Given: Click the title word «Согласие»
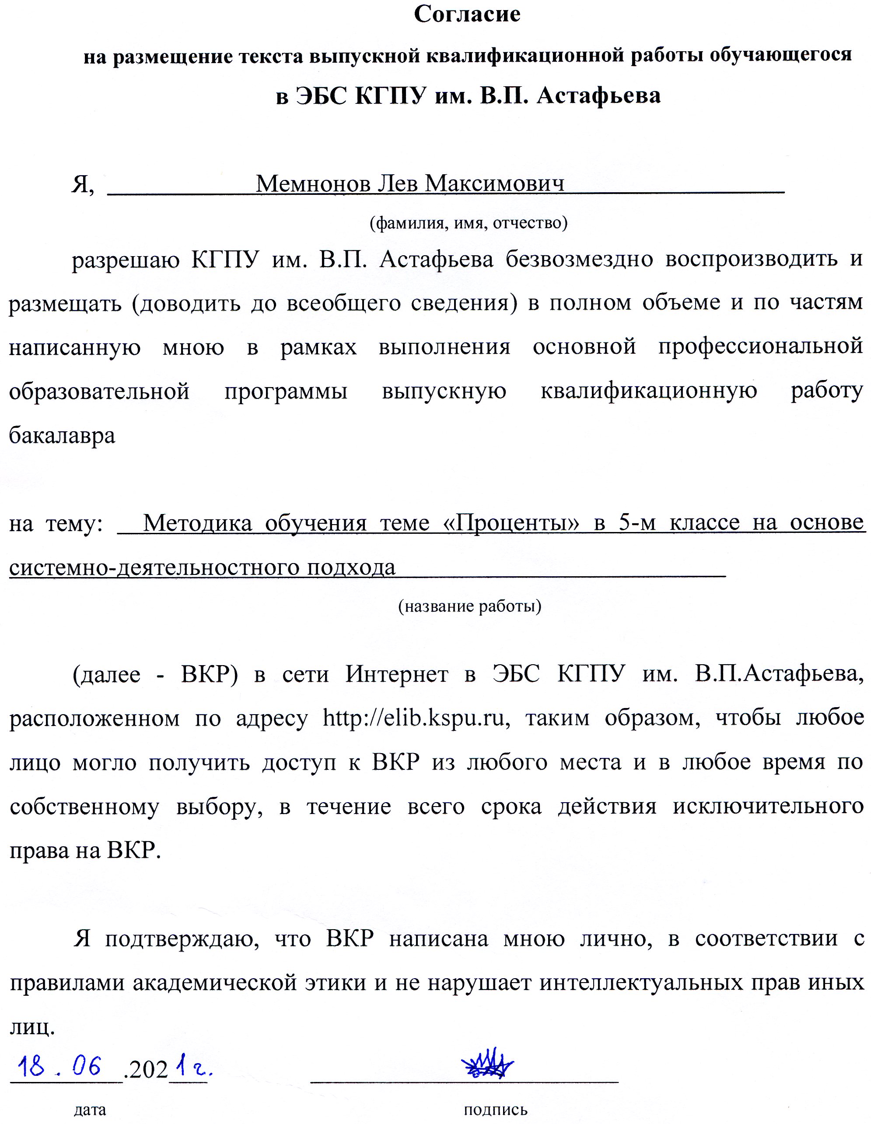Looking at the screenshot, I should click(467, 14).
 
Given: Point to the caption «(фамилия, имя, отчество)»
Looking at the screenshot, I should click(469, 223).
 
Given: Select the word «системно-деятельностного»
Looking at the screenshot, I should click(152, 567).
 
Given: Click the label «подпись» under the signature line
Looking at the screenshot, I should click(496, 1110).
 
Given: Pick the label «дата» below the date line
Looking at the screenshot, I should click(91, 1110).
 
